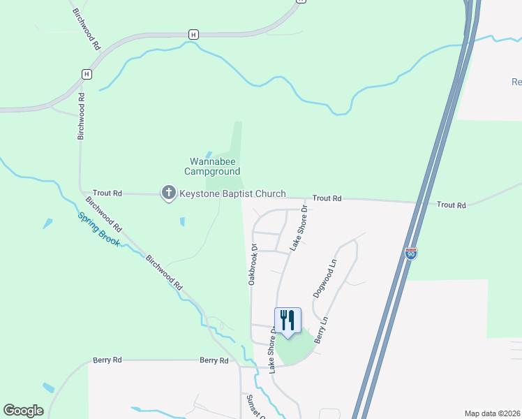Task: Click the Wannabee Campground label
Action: pyautogui.click(x=212, y=166)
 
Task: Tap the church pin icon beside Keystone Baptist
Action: pyautogui.click(x=168, y=193)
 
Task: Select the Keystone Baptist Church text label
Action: pyautogui.click(x=232, y=193)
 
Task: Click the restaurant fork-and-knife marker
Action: pyautogui.click(x=288, y=321)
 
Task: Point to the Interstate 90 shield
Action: pyautogui.click(x=411, y=253)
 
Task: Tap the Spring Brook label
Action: pyautogui.click(x=98, y=229)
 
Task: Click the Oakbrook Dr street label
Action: pyautogui.click(x=253, y=263)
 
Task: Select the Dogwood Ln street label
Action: pyautogui.click(x=324, y=279)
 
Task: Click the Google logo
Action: pyautogui.click(x=23, y=411)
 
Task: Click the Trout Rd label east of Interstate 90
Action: pyautogui.click(x=451, y=205)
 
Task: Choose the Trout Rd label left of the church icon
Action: pyautogui.click(x=107, y=193)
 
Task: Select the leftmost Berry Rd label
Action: pyautogui.click(x=107, y=360)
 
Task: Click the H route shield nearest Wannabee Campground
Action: pyautogui.click(x=193, y=34)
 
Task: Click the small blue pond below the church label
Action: pyautogui.click(x=182, y=222)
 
